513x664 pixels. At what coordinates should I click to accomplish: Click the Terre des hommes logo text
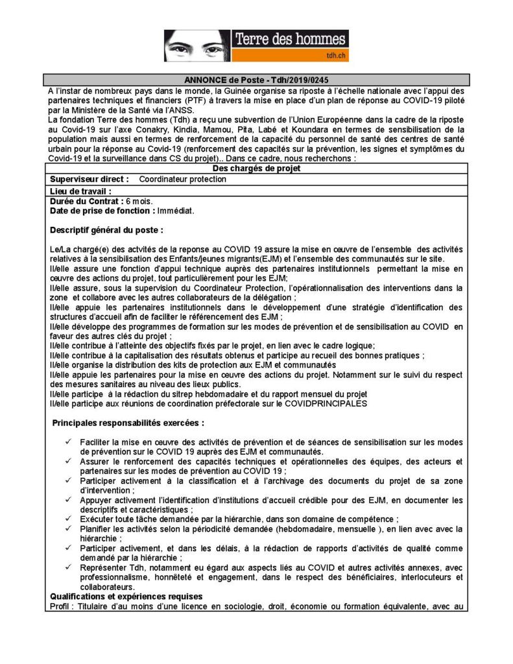click(x=291, y=40)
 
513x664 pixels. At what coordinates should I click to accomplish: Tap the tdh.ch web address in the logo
click(x=336, y=56)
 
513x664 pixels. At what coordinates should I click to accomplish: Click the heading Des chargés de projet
click(x=256, y=169)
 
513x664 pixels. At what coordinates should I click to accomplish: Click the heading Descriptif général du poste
click(x=106, y=230)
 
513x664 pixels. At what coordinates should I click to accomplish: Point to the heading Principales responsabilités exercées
click(x=128, y=423)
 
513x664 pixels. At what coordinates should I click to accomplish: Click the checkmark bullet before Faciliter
click(x=68, y=442)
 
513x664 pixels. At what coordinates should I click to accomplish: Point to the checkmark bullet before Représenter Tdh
click(x=68, y=568)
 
